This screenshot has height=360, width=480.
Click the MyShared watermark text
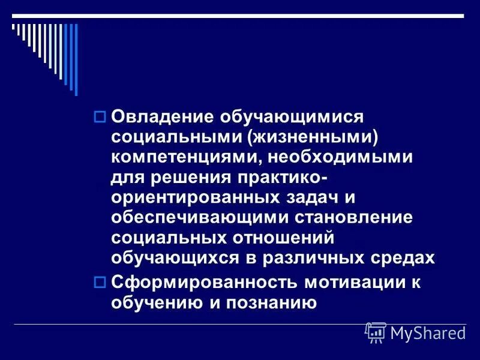428,332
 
